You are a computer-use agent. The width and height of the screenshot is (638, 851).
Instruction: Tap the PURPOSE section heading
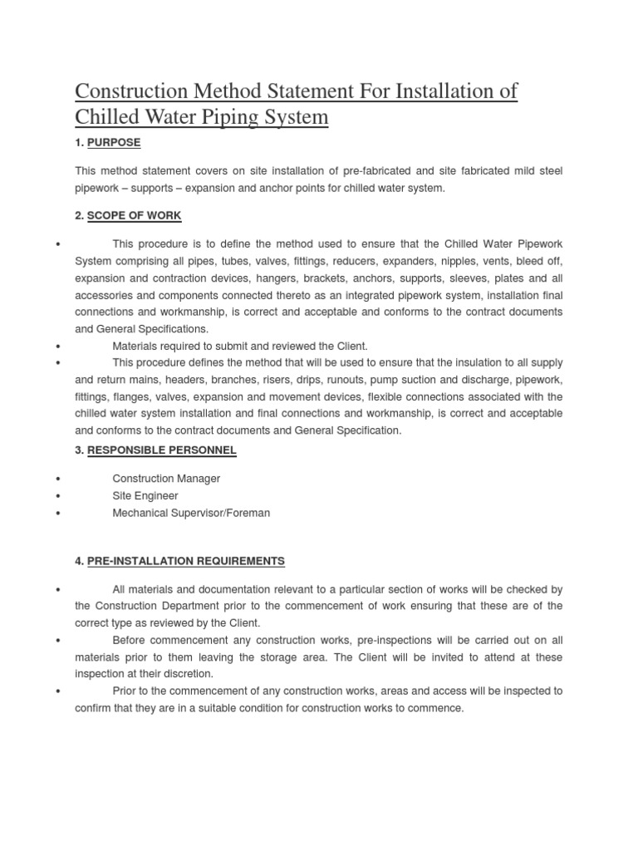pyautogui.click(x=114, y=143)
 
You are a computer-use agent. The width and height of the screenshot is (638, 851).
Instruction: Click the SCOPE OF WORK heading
pyautogui.click(x=134, y=216)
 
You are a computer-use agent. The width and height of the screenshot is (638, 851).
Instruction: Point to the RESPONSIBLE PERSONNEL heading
pyautogui.click(x=161, y=450)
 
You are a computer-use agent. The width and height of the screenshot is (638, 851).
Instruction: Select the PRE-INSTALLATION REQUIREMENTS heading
pyautogui.click(x=185, y=562)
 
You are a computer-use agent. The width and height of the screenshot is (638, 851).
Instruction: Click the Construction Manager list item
pyautogui.click(x=166, y=480)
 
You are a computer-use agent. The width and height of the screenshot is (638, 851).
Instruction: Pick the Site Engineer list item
pyautogui.click(x=145, y=496)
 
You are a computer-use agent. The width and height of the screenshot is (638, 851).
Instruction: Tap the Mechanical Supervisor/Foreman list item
pyautogui.click(x=191, y=513)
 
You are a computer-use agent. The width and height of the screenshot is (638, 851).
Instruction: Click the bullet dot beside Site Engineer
pyautogui.click(x=57, y=496)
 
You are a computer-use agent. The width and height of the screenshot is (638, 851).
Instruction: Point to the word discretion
pyautogui.click(x=186, y=674)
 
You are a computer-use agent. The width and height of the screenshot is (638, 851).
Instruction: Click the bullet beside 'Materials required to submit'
pyautogui.click(x=57, y=346)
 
